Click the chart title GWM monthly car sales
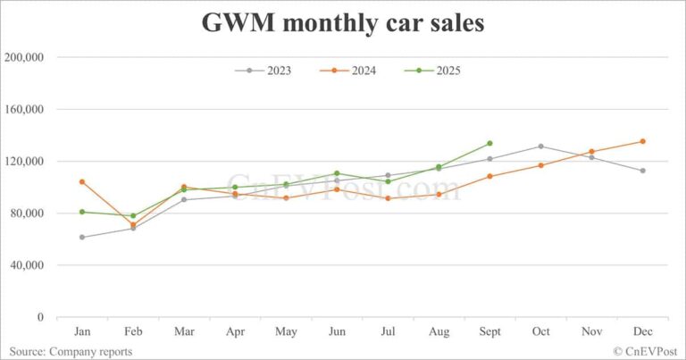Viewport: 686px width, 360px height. point(343,22)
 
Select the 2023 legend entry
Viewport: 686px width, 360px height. point(268,71)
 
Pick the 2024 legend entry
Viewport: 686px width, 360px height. point(352,71)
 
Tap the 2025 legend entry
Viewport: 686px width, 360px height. point(435,71)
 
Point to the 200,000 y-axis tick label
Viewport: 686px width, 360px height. point(25,57)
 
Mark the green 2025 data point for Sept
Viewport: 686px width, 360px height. point(489,143)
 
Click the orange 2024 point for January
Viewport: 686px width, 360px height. point(82,181)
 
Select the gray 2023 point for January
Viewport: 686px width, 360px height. point(82,237)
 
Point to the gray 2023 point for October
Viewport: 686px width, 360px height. point(540,147)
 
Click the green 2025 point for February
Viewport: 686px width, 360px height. point(133,216)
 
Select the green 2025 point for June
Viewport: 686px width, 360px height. point(337,173)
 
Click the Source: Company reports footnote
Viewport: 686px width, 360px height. point(71,352)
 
